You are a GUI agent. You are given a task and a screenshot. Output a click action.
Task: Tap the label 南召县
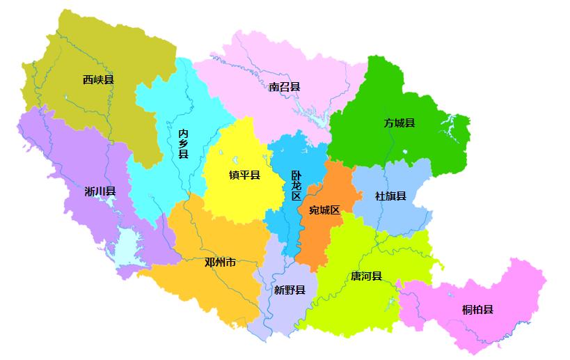pos(285,87)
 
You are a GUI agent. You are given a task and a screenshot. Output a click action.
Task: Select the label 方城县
pos(399,123)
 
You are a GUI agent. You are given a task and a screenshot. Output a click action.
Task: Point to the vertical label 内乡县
pos(183,143)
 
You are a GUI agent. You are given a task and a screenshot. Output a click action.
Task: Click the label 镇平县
pos(244,175)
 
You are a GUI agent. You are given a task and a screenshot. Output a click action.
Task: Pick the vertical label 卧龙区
pos(296,186)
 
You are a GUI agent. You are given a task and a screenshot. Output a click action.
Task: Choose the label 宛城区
pos(324,210)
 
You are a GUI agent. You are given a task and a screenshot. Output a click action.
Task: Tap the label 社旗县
pos(390,196)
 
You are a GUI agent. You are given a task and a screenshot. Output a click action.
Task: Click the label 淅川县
pos(100,191)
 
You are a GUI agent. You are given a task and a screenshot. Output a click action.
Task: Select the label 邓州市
pos(220,263)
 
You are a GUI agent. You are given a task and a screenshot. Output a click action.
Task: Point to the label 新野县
pos(289,290)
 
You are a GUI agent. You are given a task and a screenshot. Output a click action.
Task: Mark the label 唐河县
pos(366,276)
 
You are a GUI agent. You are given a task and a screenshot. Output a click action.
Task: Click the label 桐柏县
pos(477,309)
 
